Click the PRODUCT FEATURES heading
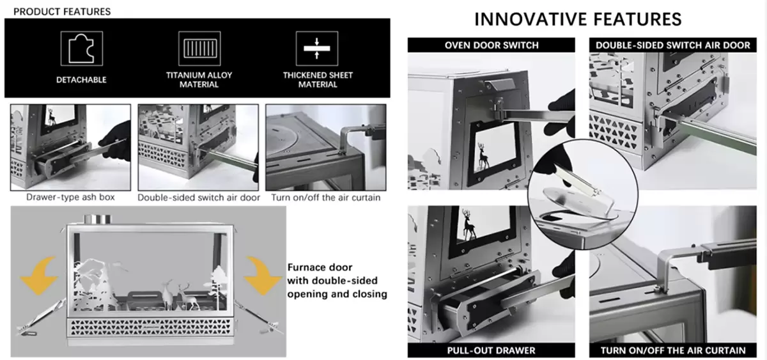click(x=62, y=12)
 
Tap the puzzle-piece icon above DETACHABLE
click(x=81, y=48)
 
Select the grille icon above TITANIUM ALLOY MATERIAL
click(x=199, y=48)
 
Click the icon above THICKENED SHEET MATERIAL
click(x=318, y=48)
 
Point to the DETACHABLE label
click(x=81, y=80)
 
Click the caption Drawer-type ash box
click(x=70, y=198)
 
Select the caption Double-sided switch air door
click(x=199, y=198)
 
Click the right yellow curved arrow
click(x=262, y=272)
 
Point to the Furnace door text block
click(x=337, y=281)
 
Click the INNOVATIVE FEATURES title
click(x=578, y=19)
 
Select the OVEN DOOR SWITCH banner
click(x=492, y=45)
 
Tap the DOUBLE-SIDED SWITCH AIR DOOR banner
click(x=673, y=45)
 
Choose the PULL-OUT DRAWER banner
click(x=492, y=350)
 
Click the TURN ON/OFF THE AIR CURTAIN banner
click(x=673, y=350)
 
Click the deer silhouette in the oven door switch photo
click(x=484, y=151)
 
